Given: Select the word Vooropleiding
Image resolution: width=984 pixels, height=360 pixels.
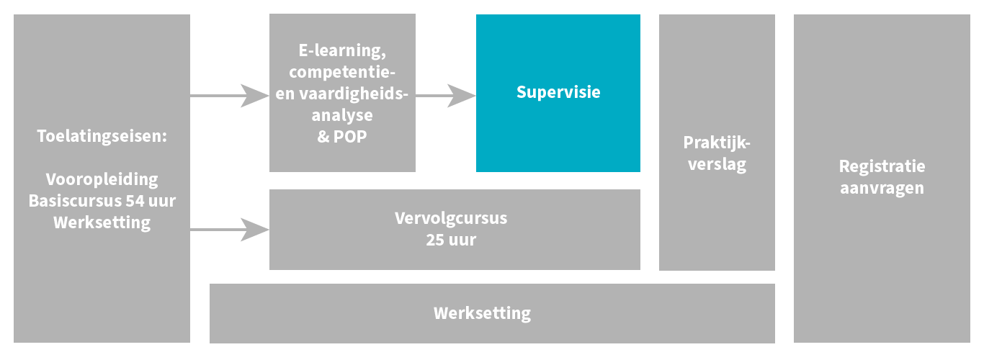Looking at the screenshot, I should (102, 179).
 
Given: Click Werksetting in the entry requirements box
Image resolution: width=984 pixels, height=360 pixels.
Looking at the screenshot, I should (102, 222).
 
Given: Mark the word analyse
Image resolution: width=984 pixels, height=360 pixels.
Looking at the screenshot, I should (343, 115).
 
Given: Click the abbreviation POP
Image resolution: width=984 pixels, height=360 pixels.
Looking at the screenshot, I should (350, 137).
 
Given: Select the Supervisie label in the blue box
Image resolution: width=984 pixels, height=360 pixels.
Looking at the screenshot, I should (558, 93).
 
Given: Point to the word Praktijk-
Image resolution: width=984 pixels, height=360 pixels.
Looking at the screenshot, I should (717, 142).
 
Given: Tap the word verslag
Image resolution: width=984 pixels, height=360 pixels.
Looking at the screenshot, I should (717, 163).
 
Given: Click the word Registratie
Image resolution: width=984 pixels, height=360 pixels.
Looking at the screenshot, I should (882, 166).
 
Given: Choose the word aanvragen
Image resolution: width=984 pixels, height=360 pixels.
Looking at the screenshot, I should (882, 188).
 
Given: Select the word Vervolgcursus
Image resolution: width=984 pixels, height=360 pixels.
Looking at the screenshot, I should (451, 218).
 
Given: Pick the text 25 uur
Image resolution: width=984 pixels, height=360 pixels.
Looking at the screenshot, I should (451, 240).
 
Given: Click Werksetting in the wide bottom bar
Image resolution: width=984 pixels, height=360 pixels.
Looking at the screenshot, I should (482, 313).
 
